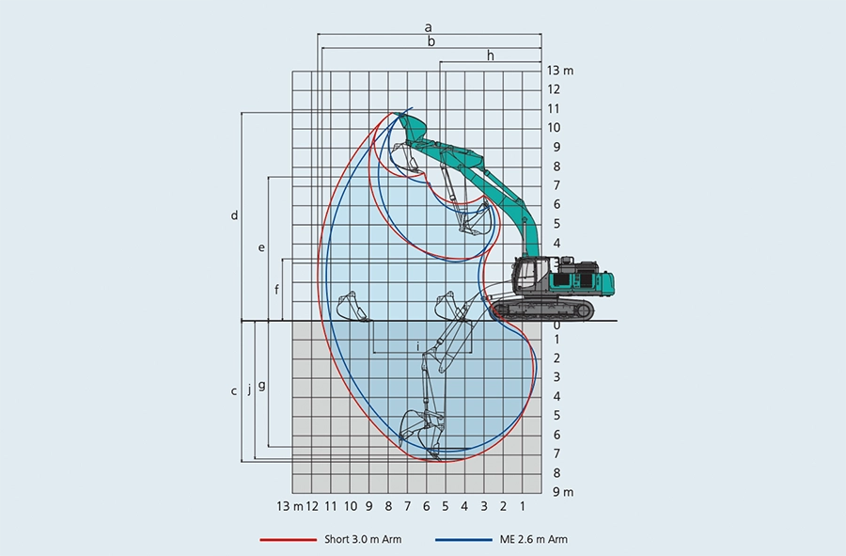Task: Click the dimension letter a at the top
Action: (x=429, y=28)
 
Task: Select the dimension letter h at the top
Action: (x=490, y=56)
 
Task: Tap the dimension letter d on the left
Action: (x=234, y=215)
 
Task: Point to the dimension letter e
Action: (x=261, y=247)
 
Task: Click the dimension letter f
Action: (x=276, y=289)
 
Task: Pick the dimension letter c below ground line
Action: (x=234, y=390)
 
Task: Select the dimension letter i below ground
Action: (x=417, y=346)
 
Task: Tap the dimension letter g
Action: (x=261, y=385)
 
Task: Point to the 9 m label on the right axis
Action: (x=562, y=492)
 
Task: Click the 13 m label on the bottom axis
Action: (x=290, y=507)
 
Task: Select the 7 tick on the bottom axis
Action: (x=407, y=507)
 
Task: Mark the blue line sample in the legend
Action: (x=462, y=540)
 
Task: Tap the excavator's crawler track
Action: (x=543, y=310)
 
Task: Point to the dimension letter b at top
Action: (x=431, y=41)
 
